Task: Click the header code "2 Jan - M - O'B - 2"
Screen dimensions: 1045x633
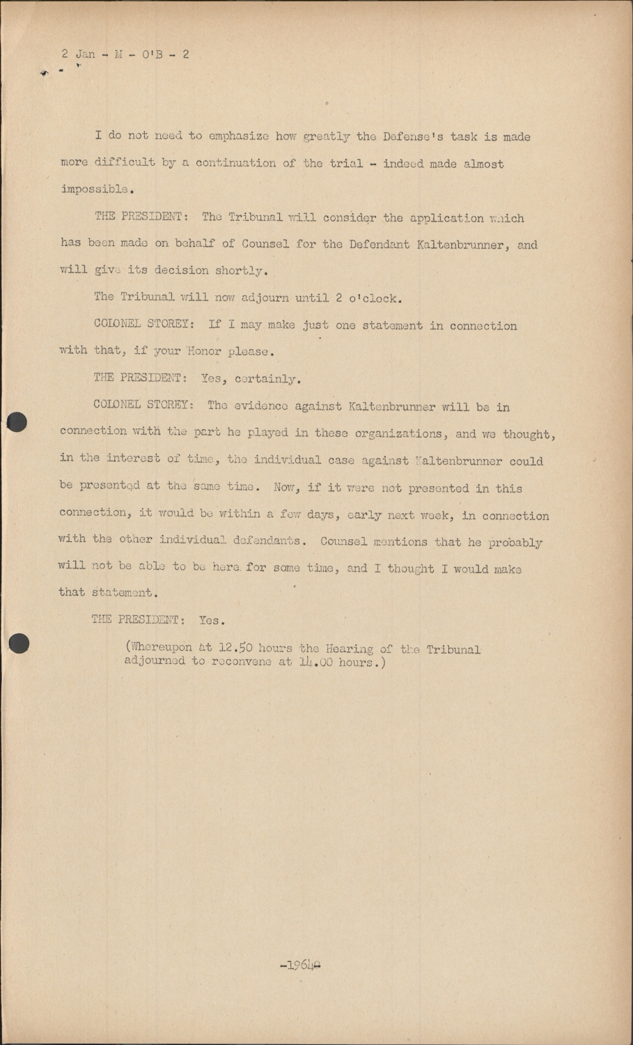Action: pos(125,54)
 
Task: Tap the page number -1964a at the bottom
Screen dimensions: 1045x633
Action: pos(300,966)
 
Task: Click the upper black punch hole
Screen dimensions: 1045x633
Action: pos(17,422)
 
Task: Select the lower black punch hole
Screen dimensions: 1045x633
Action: pos(19,643)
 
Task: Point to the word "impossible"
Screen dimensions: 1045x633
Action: pos(95,189)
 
